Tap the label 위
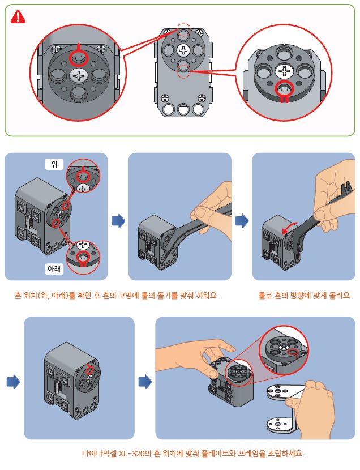[55, 164]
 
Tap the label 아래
[55, 269]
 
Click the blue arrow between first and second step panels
[118, 220]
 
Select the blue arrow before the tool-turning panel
[242, 220]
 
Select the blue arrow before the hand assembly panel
[145, 382]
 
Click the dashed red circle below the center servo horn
[183, 71]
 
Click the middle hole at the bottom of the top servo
[183, 109]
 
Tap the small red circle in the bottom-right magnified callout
[292, 353]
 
